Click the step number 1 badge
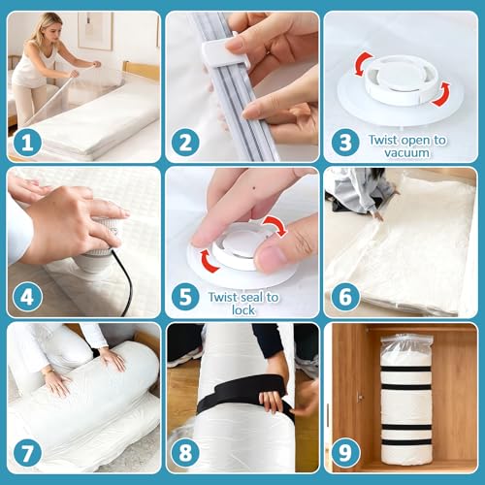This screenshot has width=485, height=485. [x=27, y=143]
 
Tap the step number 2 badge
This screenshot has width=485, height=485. [x=185, y=143]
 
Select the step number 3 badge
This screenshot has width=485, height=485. [x=344, y=143]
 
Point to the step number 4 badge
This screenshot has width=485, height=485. [x=27, y=297]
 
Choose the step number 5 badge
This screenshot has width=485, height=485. [x=185, y=297]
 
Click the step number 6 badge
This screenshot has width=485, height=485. [x=344, y=297]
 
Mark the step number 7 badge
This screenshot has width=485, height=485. [x=27, y=453]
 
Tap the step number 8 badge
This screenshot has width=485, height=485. [x=185, y=453]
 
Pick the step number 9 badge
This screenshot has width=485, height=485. [x=344, y=453]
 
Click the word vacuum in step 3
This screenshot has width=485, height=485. [x=406, y=152]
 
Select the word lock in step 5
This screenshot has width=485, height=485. [x=243, y=310]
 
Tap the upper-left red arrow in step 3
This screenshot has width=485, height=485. [x=363, y=64]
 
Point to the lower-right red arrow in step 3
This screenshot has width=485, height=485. [x=442, y=94]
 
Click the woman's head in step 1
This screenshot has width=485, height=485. [x=51, y=26]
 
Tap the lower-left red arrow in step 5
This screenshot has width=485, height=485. [x=207, y=261]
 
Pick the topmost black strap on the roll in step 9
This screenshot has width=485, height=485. [x=405, y=370]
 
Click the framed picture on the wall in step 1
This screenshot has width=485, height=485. [x=95, y=31]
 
